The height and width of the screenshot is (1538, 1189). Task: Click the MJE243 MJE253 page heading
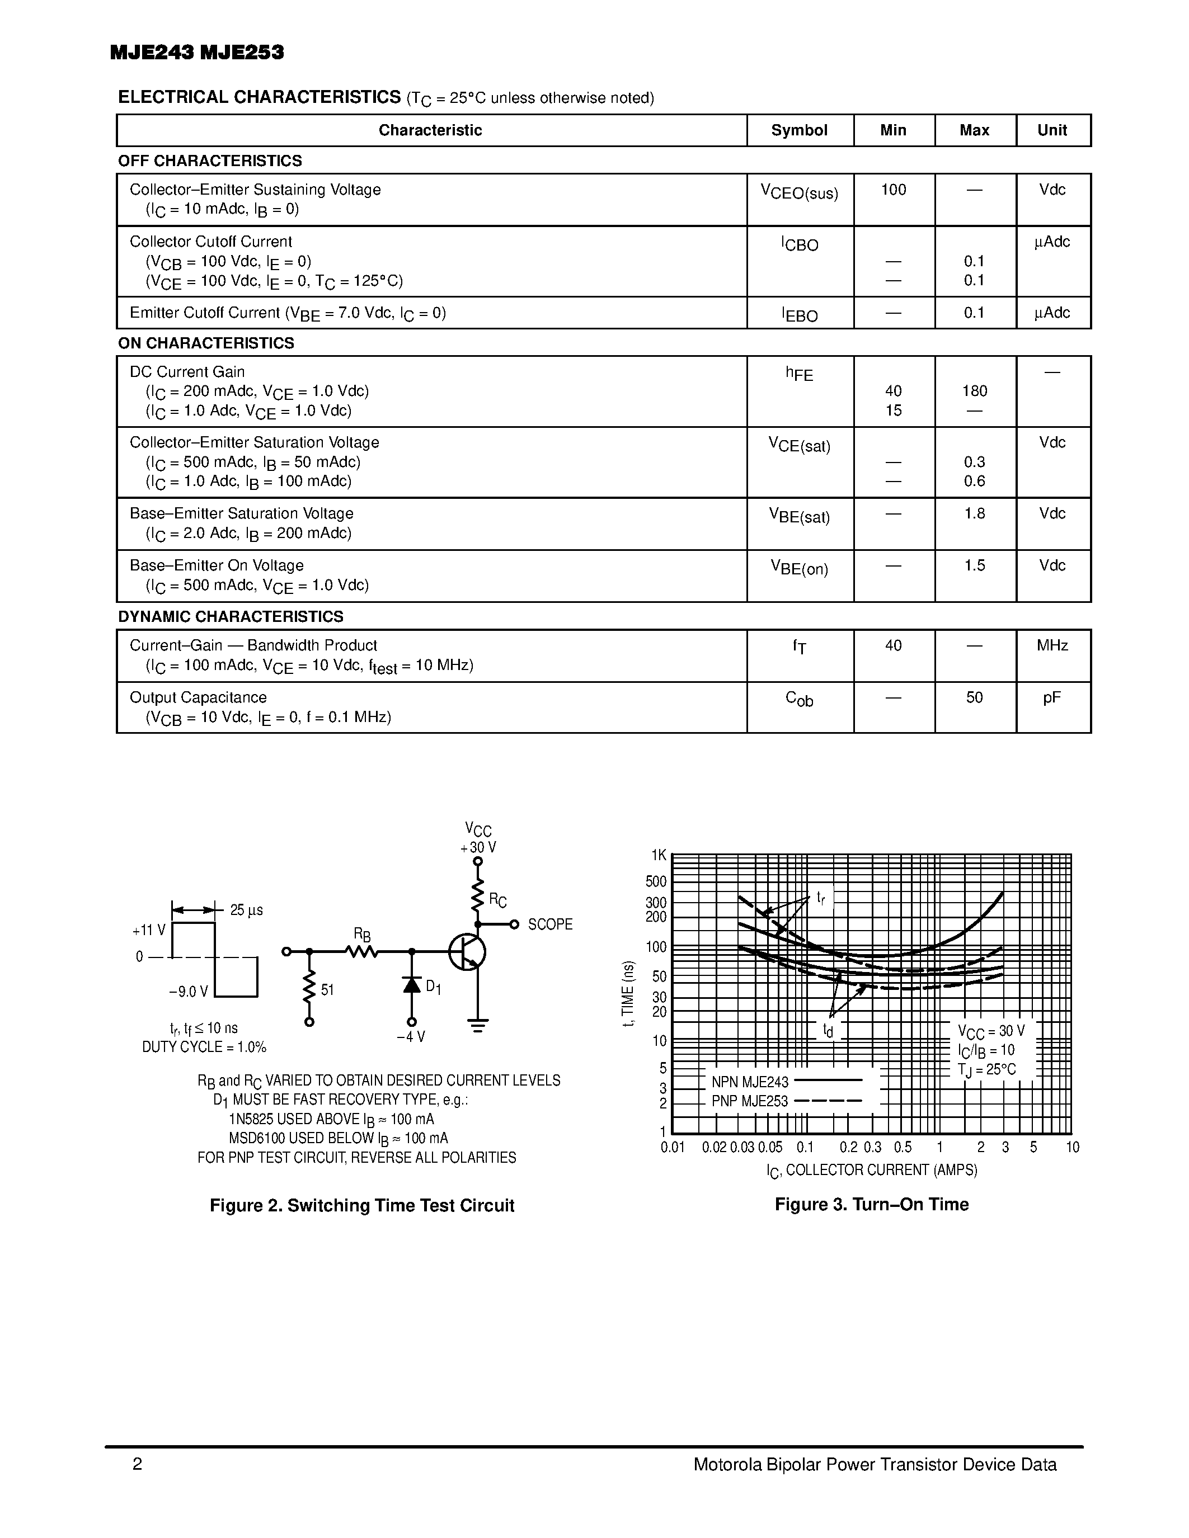click(x=197, y=53)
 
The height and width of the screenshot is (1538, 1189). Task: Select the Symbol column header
click(x=799, y=130)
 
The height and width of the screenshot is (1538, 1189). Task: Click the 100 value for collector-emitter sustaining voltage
click(x=893, y=190)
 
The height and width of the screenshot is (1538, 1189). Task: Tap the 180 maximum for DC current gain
click(x=974, y=391)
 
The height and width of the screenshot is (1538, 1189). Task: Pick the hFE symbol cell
click(x=799, y=373)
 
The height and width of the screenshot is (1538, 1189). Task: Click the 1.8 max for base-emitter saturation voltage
click(x=974, y=513)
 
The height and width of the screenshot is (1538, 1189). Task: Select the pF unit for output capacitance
click(x=1052, y=697)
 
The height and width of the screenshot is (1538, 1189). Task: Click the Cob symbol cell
click(x=799, y=699)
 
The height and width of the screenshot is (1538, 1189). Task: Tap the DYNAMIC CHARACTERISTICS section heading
click(x=231, y=616)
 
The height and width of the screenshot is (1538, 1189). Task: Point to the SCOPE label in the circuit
click(x=549, y=924)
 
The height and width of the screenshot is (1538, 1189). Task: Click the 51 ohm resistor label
click(x=327, y=989)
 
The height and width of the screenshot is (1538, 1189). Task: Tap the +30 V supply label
click(x=478, y=847)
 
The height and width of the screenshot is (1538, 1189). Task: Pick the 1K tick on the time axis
click(x=658, y=855)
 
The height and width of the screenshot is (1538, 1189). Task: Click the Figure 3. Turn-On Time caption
click(x=871, y=1204)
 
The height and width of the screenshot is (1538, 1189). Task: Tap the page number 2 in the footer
click(x=137, y=1464)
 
